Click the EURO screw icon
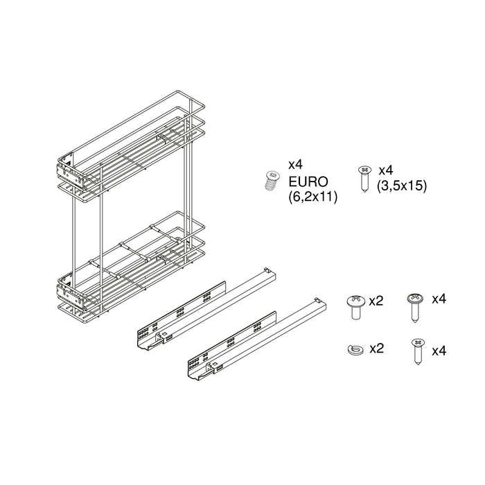click(x=272, y=181)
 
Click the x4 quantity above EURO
click(x=295, y=165)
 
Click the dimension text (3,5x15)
click(x=401, y=185)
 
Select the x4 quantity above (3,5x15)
click(x=385, y=170)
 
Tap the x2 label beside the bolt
click(x=376, y=301)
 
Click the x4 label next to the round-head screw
click(x=439, y=299)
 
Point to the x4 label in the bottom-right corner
click(x=439, y=351)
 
